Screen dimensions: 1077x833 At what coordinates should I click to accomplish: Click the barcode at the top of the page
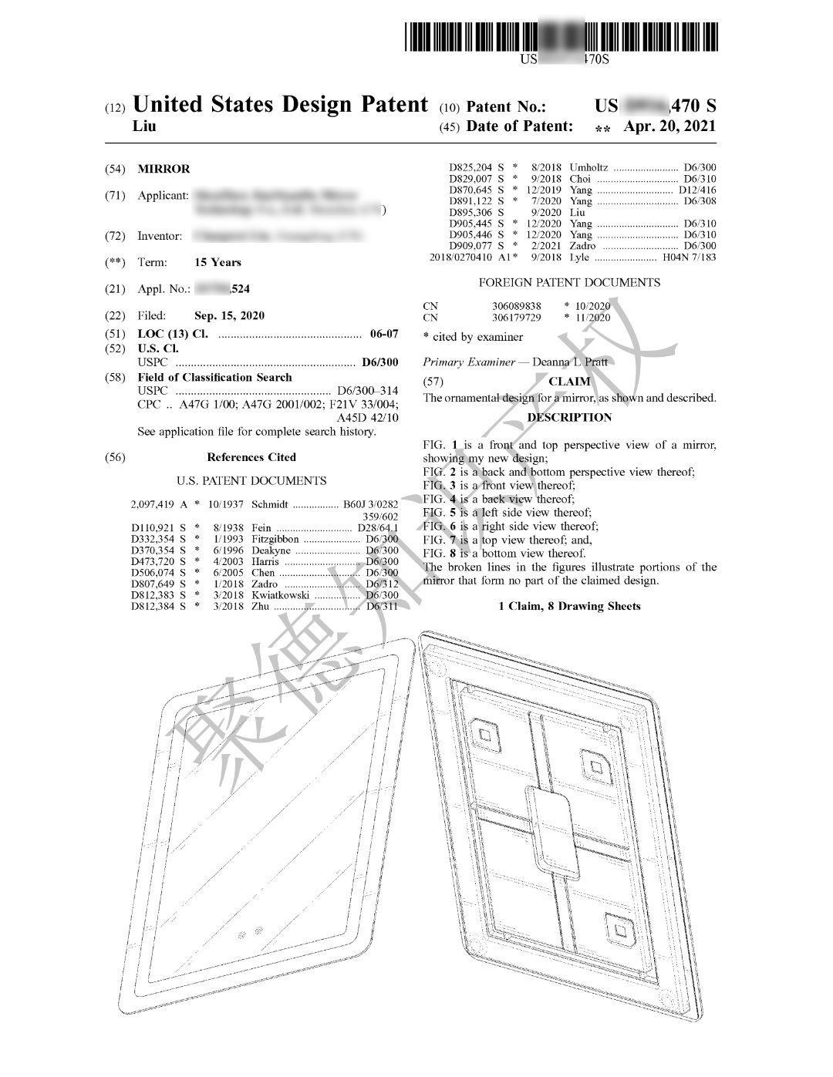(561, 37)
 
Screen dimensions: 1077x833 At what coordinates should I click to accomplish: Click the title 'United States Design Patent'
(280, 105)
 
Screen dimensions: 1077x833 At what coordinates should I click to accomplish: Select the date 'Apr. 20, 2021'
(669, 126)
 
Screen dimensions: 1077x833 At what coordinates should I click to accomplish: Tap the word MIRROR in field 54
(164, 169)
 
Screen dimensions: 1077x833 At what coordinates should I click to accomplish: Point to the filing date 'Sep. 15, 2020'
(229, 315)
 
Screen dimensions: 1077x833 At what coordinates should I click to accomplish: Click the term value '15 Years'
(218, 262)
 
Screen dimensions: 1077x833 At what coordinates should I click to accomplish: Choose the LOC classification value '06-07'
(384, 334)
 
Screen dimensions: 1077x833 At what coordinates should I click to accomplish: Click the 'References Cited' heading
(251, 457)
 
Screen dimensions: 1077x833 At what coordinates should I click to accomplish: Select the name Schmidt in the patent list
(270, 505)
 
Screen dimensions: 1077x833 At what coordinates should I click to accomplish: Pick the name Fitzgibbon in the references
(275, 539)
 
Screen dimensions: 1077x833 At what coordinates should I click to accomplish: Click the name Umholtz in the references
(588, 167)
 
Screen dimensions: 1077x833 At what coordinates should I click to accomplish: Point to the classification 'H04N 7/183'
(689, 257)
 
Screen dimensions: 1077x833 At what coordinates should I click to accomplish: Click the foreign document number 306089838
(516, 306)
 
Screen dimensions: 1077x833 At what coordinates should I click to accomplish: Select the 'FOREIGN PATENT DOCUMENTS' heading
(569, 283)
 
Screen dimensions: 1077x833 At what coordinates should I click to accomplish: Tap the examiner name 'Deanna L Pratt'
(570, 362)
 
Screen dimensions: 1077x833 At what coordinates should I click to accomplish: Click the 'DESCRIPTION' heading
(569, 417)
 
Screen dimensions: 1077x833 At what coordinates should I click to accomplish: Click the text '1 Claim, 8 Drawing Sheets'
(569, 606)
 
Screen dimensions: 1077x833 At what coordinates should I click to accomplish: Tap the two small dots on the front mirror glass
(250, 931)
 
